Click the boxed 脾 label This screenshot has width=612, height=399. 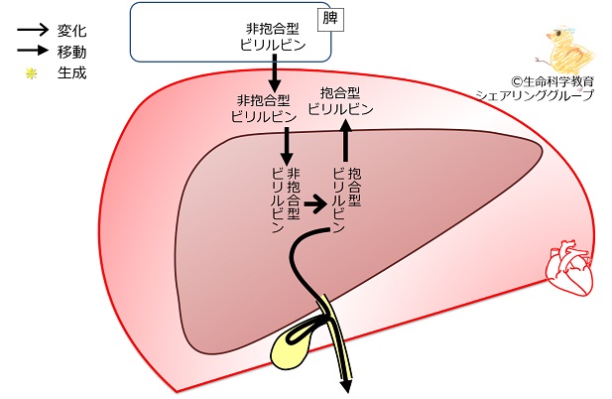(330, 19)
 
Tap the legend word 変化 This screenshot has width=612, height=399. (71, 31)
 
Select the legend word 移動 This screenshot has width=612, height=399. (71, 52)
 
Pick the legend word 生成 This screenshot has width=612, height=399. (71, 72)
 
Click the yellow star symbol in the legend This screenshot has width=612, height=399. (31, 73)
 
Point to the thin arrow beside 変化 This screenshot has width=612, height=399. (33, 30)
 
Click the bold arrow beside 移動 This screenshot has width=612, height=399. (33, 51)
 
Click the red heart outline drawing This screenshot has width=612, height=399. (569, 267)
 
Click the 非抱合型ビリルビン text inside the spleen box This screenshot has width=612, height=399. (273, 37)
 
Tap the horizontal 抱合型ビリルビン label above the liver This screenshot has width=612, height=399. (340, 101)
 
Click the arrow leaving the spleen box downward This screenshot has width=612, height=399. (274, 73)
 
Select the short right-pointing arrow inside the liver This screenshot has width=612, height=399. (315, 203)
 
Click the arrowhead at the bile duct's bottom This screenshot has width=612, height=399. (346, 385)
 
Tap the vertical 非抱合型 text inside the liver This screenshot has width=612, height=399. (294, 194)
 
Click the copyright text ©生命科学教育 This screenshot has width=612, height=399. (552, 81)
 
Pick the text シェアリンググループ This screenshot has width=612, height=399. (535, 95)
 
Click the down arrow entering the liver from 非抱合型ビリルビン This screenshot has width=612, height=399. (288, 146)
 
